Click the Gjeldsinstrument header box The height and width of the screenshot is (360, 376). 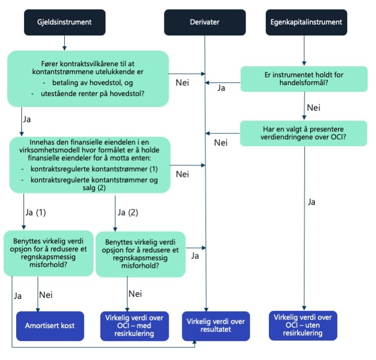point(64,22)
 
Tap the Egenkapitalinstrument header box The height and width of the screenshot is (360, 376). point(303,22)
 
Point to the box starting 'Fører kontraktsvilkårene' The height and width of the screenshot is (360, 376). point(88,77)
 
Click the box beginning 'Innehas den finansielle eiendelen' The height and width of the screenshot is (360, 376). point(90,164)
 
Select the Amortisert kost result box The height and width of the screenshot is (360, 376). point(50,325)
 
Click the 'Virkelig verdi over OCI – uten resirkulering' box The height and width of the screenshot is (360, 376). point(303,325)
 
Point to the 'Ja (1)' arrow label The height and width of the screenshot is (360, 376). point(35,213)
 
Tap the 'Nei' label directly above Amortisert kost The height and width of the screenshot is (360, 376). point(48,294)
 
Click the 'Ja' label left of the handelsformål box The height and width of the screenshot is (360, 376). point(221,88)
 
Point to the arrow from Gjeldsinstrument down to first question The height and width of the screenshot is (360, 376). point(64,42)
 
